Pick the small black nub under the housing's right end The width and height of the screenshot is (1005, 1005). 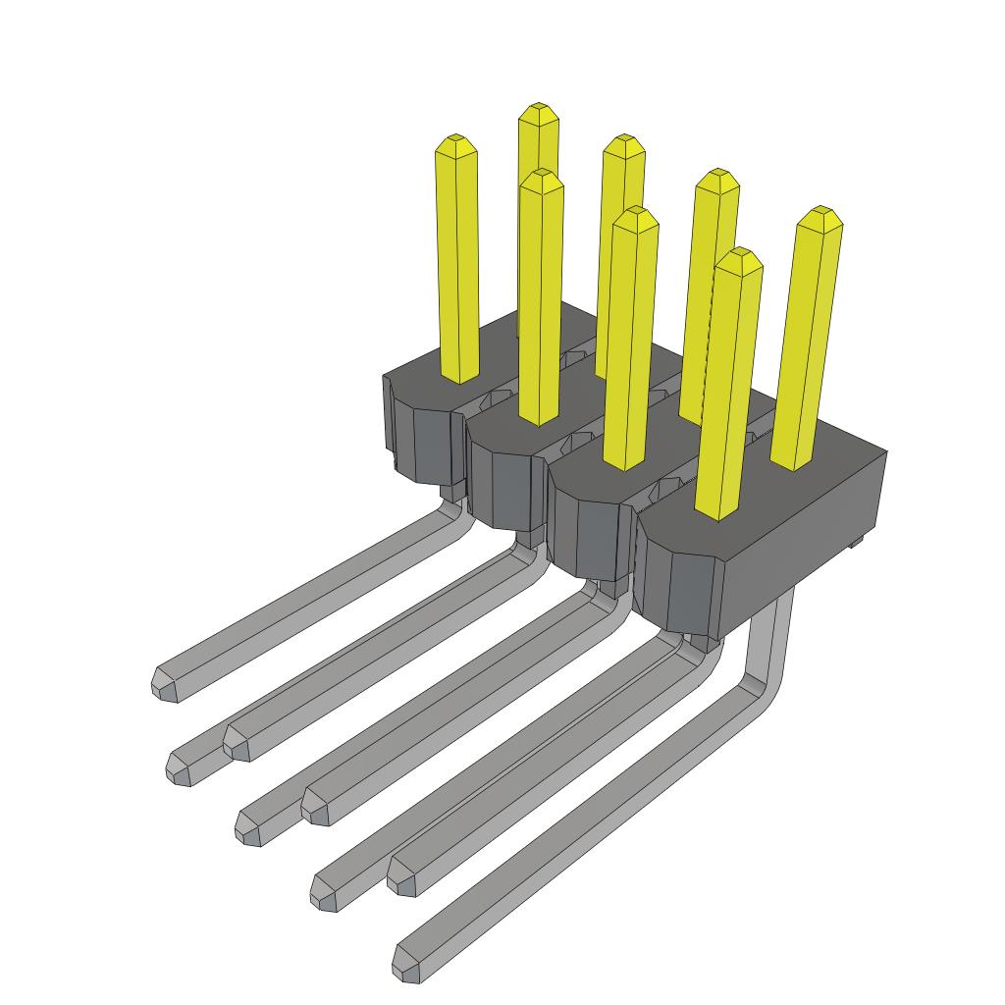click(854, 541)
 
